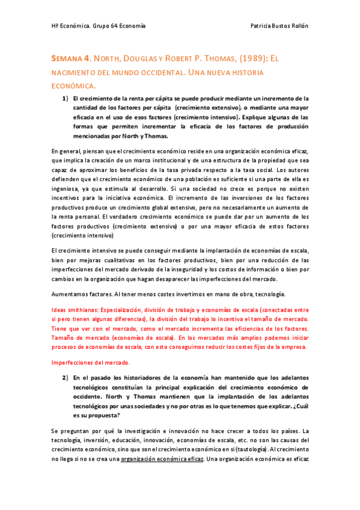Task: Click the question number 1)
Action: (x=64, y=98)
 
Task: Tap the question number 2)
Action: (x=64, y=378)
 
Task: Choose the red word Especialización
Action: (x=139, y=309)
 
